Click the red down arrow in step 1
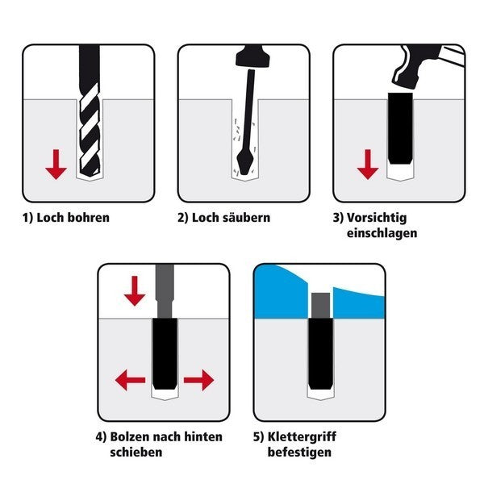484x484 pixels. [x=56, y=165]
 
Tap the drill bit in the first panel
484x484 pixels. [x=90, y=111]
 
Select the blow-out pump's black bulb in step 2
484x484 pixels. [x=252, y=56]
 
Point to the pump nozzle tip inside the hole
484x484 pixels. [x=245, y=173]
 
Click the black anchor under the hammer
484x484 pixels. [x=400, y=129]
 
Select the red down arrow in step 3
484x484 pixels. [x=368, y=165]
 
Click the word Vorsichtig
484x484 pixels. [x=377, y=219]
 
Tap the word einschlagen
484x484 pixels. [x=382, y=233]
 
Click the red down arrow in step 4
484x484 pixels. [x=135, y=291]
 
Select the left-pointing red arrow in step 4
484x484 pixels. [x=130, y=380]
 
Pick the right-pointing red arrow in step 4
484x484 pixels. [x=198, y=380]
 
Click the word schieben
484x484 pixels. [x=136, y=453]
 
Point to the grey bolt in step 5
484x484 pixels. [x=320, y=306]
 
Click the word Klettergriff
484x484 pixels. [x=302, y=437]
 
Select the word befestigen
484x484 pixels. [x=299, y=453]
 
